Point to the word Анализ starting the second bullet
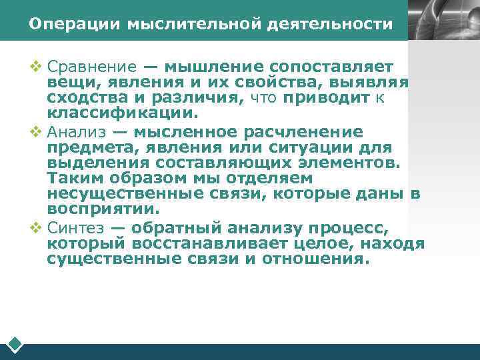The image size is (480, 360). coord(75,132)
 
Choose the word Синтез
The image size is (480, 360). coord(75,227)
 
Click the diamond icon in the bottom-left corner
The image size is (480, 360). coord(15,345)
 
